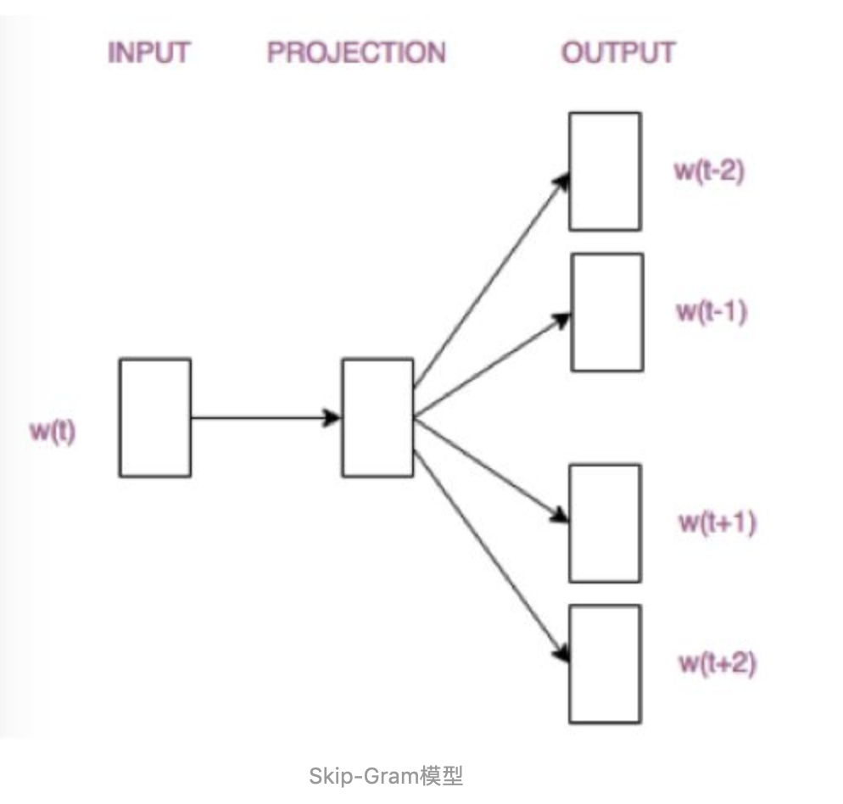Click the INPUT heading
[148, 53]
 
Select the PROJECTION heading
[356, 53]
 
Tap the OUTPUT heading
[618, 53]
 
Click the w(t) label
[53, 432]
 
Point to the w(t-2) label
[709, 170]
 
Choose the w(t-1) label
[711, 311]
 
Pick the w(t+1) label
[717, 522]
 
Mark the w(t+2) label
[717, 662]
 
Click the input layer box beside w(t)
[155, 417]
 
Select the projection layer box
[377, 417]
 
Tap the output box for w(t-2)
[605, 171]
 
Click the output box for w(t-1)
[606, 312]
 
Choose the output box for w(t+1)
[605, 522]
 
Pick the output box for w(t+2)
[605, 662]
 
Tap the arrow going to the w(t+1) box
[490, 469]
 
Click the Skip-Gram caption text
[386, 775]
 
